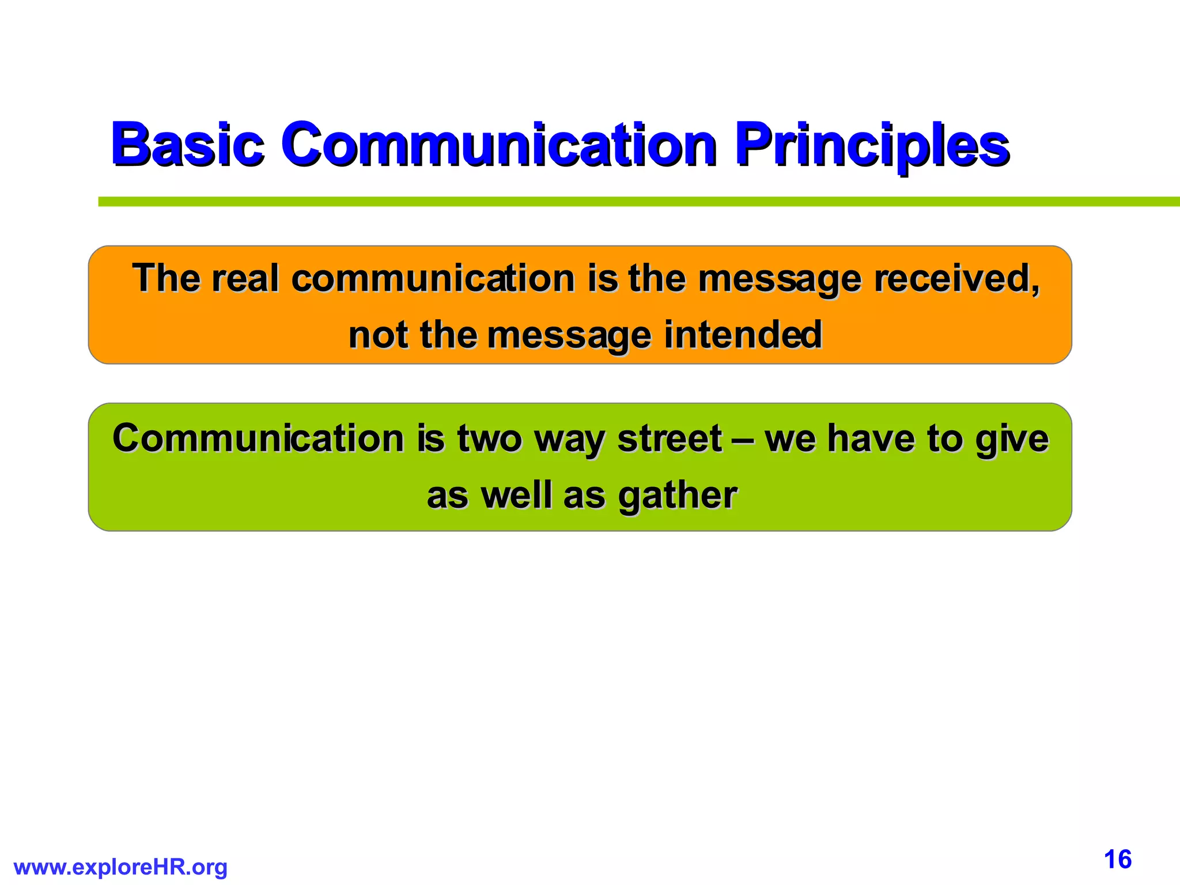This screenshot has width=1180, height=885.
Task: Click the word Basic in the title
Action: [187, 143]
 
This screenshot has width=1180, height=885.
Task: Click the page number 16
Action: [1118, 860]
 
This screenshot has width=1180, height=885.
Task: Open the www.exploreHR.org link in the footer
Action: [120, 867]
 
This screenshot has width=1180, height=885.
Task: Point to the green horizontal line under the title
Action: [634, 201]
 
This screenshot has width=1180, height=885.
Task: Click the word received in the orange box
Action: [956, 278]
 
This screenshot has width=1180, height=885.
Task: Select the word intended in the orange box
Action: [743, 335]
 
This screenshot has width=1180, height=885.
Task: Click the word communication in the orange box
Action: [433, 278]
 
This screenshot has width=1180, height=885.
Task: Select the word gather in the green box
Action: [677, 496]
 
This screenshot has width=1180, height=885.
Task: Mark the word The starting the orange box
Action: [166, 278]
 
